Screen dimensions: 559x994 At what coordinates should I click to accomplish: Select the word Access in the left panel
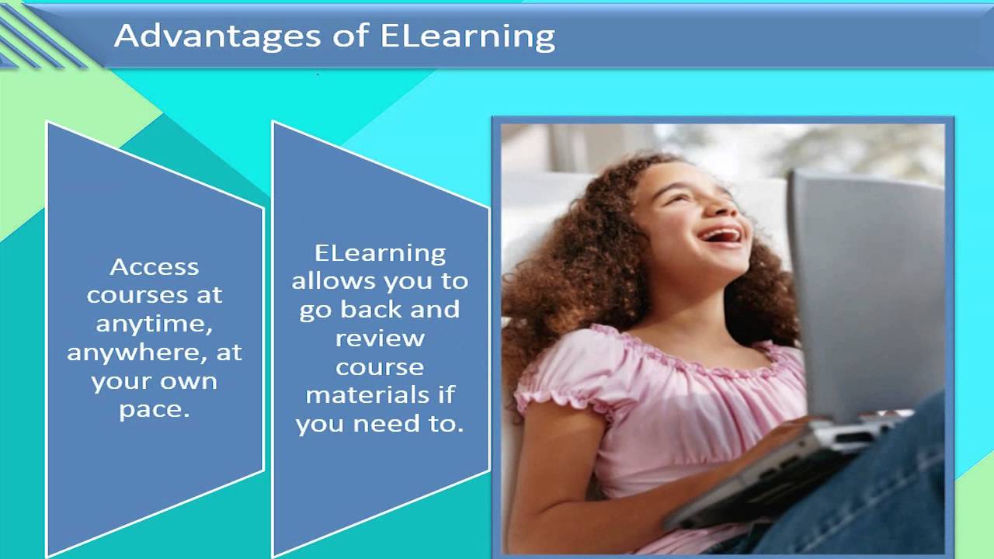pos(155,267)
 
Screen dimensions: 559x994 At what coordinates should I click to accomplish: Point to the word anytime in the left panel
pos(154,325)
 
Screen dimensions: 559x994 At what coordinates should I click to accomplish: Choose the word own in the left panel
pos(188,382)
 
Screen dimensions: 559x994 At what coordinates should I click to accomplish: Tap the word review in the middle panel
pos(380,339)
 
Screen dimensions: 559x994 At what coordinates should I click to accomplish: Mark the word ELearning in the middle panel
pos(380,253)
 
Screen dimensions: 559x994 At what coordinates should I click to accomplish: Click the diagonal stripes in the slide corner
pos(39,39)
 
